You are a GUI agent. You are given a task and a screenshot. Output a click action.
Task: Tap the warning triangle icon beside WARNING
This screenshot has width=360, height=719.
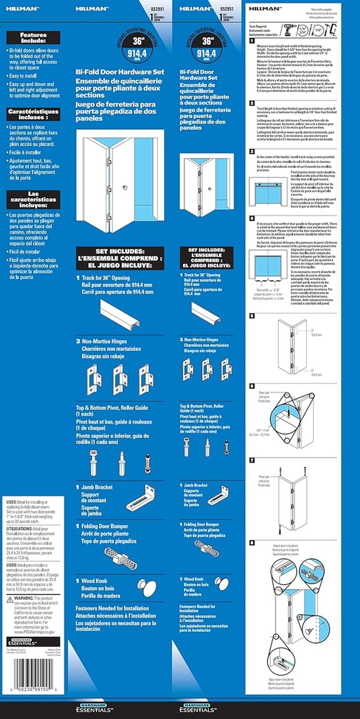[x=9, y=598]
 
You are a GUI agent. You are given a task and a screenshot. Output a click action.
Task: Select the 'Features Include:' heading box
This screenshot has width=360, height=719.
[x=33, y=38]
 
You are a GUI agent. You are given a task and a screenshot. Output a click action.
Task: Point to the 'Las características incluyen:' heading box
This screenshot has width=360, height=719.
[x=33, y=200]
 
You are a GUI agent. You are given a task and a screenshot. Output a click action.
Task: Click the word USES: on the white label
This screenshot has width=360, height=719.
[x=11, y=502]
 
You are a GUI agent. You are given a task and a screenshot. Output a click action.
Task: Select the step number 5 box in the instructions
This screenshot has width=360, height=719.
[x=252, y=316]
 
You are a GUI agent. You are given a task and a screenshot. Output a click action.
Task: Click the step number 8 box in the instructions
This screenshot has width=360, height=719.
[x=252, y=542]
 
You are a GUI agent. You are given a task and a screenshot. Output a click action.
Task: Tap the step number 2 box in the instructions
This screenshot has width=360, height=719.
[x=252, y=103]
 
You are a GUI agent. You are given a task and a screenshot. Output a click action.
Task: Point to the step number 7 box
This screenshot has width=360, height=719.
[x=252, y=460]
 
